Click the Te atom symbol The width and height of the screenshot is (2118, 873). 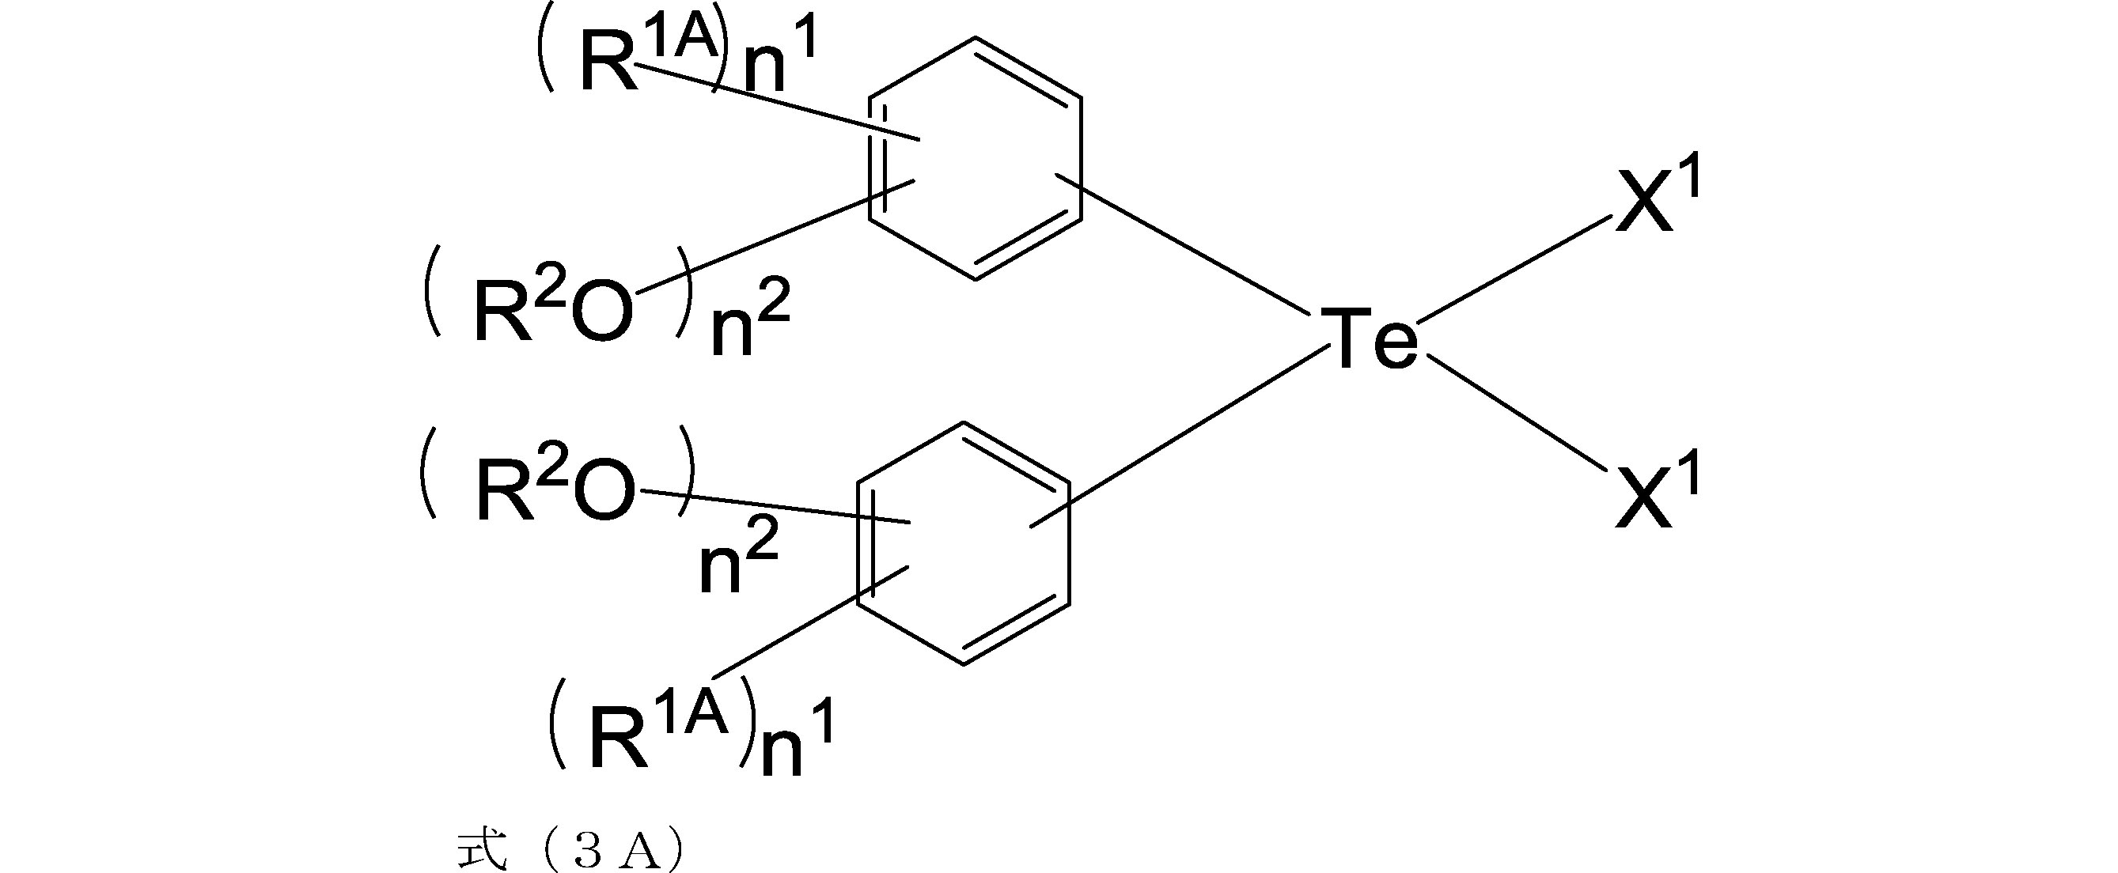coord(1368,337)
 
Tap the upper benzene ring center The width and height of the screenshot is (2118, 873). coord(976,158)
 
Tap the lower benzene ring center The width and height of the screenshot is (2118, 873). coord(964,543)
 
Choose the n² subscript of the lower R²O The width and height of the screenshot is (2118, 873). coord(738,559)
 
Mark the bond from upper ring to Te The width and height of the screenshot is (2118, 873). coord(1182,245)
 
